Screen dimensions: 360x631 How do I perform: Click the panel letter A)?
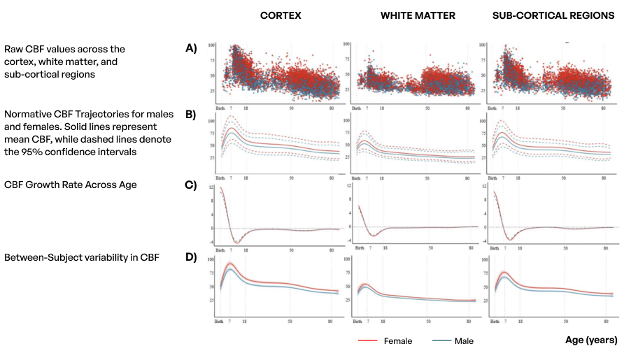[191, 48]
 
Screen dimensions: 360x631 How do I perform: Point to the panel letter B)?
[191, 116]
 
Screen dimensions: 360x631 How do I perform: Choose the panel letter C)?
[191, 185]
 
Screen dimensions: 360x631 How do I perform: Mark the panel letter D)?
[191, 257]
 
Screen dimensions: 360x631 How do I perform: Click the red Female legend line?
[369, 341]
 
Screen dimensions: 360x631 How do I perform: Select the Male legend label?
[463, 341]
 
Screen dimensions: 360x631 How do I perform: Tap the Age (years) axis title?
[591, 340]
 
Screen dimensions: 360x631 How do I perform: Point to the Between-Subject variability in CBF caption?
[82, 257]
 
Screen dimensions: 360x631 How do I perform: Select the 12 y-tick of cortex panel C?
[212, 189]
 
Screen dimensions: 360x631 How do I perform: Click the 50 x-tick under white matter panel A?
[427, 109]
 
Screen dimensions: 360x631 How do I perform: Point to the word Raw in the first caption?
[13, 49]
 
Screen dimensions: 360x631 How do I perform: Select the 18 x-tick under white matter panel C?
[382, 247]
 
